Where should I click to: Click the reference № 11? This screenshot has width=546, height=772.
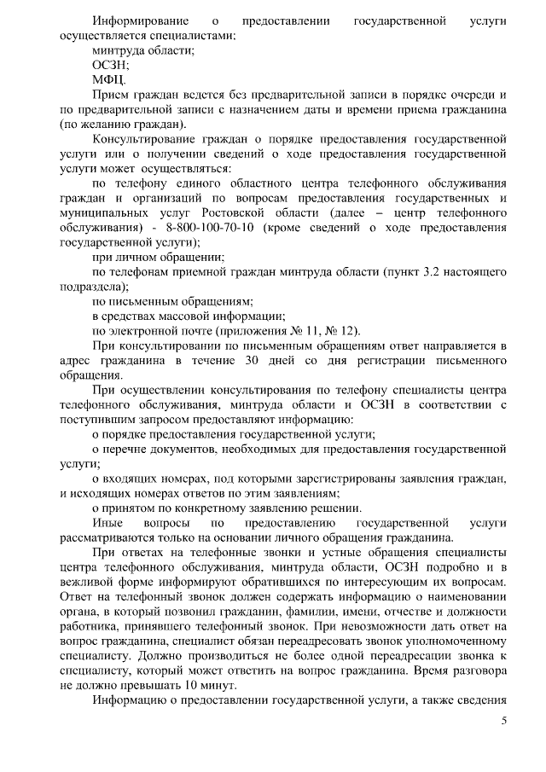[309, 330]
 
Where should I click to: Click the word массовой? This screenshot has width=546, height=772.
[177, 316]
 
